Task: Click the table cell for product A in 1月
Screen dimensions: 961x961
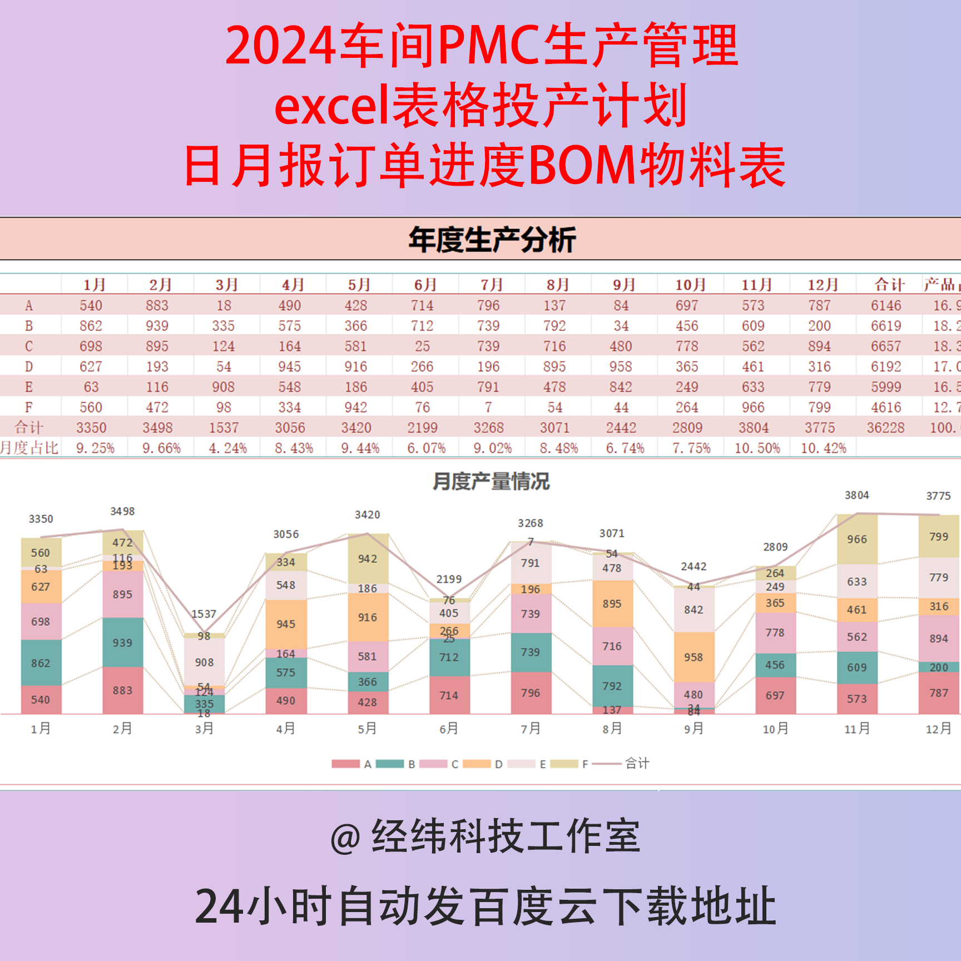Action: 91,305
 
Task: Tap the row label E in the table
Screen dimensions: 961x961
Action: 29,387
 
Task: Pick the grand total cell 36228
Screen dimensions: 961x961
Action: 885,428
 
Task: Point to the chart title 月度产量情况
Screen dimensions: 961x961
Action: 491,482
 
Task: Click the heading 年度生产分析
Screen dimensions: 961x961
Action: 492,240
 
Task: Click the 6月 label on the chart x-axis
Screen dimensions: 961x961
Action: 449,729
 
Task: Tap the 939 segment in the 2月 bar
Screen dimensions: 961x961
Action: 122,643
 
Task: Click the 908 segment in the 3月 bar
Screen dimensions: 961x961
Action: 204,662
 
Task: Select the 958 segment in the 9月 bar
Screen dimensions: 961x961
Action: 693,657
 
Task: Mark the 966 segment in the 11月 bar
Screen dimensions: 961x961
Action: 857,539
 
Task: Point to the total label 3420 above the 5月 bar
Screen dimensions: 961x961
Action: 368,515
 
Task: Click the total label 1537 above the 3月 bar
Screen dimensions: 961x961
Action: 204,614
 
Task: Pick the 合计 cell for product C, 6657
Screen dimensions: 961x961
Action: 885,346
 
